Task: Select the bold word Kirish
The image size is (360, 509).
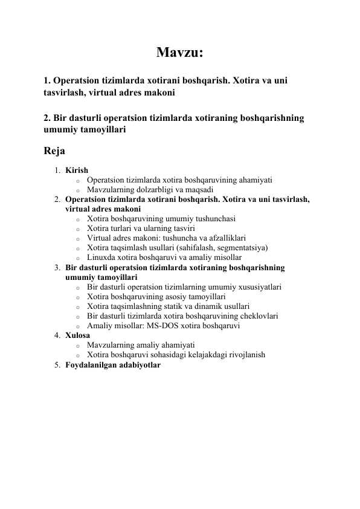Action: [77, 170]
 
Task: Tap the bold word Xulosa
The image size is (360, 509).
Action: [78, 335]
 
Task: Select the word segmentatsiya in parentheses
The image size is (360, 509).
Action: [241, 247]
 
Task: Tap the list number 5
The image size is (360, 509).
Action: [56, 365]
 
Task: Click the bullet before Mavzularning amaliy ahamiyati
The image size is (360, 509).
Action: [78, 345]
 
